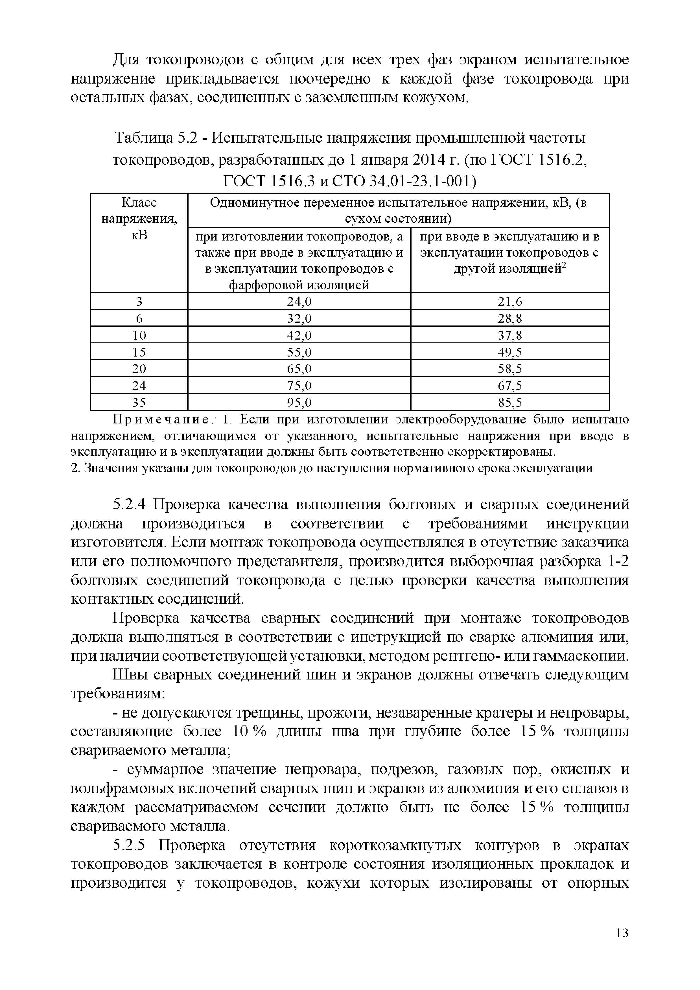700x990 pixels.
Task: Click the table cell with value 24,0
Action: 299,302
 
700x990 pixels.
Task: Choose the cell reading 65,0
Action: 299,369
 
